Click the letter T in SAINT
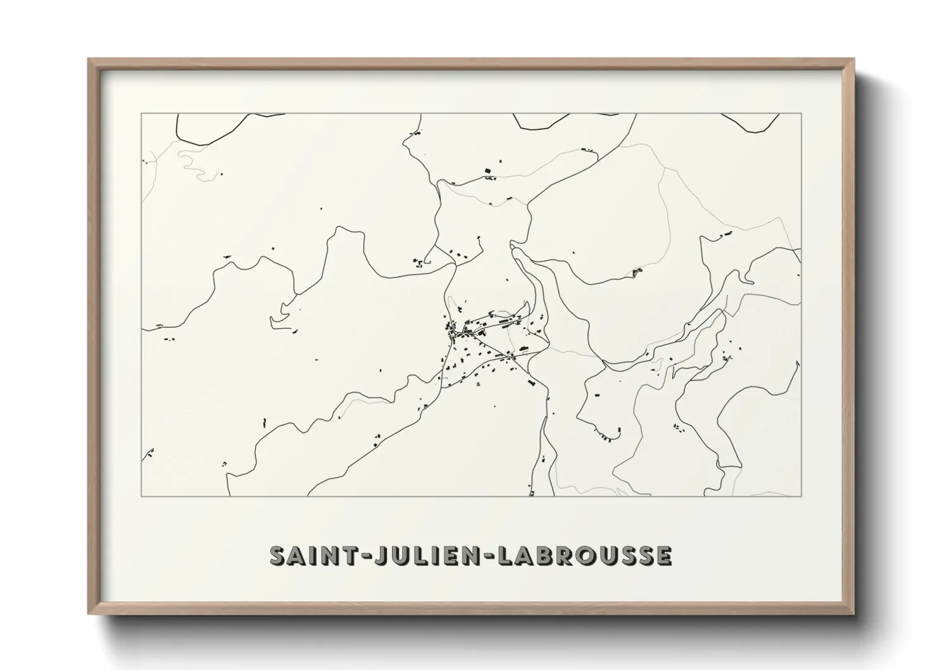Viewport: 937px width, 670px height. click(350, 555)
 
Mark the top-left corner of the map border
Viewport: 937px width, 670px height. click(142, 114)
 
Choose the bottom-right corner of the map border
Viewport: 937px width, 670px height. click(802, 496)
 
